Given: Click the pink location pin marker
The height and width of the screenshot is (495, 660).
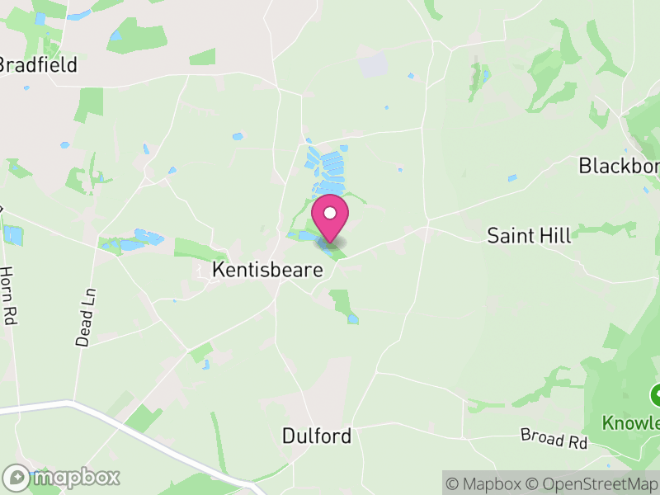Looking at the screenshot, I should click(330, 219).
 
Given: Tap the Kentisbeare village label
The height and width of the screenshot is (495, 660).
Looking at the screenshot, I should click(267, 270).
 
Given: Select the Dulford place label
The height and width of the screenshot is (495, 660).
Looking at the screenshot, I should click(317, 436).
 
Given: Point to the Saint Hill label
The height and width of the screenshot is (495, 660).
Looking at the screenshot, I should click(529, 236).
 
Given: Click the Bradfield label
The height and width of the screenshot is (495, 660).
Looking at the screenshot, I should click(39, 64).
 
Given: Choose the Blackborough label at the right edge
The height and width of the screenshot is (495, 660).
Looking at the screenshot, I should click(619, 166).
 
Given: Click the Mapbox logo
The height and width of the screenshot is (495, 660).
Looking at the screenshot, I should click(62, 477).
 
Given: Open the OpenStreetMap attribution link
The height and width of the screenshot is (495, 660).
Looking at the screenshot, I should click(595, 483).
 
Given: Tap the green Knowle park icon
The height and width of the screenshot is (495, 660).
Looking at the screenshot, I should click(657, 393).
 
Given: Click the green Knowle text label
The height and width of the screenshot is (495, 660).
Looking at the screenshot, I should click(631, 423).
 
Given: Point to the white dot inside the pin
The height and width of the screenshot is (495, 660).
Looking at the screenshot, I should click(330, 213).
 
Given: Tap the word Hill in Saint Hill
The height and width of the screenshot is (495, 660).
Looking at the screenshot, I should click(553, 236).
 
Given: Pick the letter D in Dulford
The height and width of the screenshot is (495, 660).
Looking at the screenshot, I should click(288, 436).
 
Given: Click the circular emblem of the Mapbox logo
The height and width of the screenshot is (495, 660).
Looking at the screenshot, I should click(16, 478).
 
